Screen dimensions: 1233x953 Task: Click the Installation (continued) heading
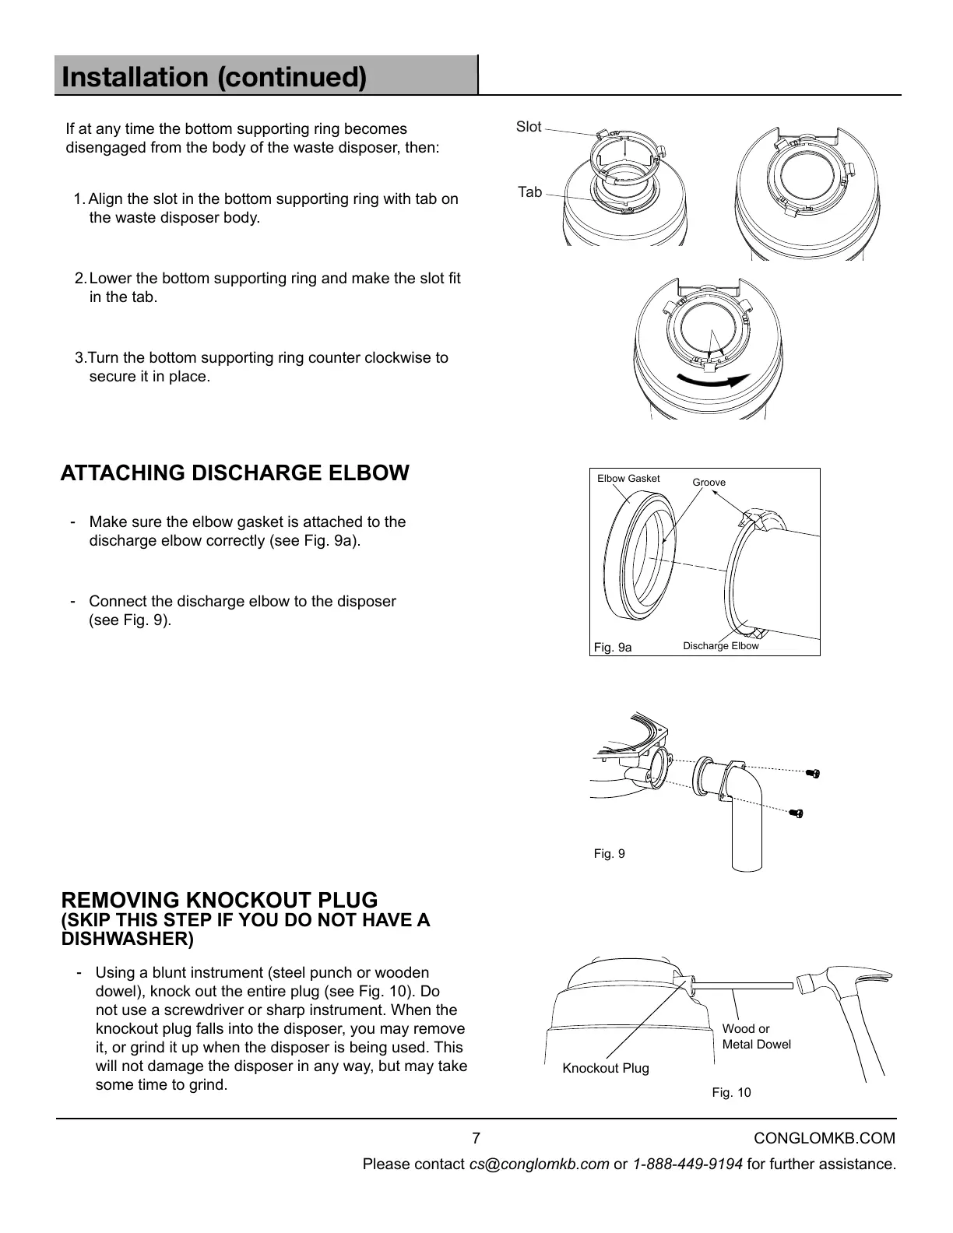(x=214, y=77)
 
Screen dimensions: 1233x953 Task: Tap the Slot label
(x=529, y=127)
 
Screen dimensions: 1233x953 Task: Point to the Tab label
(x=530, y=191)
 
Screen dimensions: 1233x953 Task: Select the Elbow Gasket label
(x=628, y=479)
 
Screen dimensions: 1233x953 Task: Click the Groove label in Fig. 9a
(x=709, y=483)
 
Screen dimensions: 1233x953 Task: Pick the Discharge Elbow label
(x=720, y=646)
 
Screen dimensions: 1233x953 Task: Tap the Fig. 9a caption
(x=613, y=647)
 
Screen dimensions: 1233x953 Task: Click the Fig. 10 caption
(x=731, y=1093)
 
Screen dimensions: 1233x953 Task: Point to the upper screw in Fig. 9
(x=814, y=773)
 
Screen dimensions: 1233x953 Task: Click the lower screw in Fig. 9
(x=797, y=814)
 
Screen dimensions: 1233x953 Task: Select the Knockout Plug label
(x=606, y=1068)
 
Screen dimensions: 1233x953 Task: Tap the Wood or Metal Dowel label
(x=756, y=1037)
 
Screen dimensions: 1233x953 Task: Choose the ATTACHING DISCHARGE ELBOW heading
(x=234, y=473)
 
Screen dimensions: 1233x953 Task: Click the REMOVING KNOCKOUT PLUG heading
(x=220, y=900)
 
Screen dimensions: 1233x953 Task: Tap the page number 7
(x=476, y=1138)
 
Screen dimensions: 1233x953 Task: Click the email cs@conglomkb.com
(x=539, y=1164)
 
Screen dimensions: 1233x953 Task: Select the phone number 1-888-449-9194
(x=687, y=1164)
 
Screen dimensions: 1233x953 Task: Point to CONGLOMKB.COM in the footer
(x=825, y=1138)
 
